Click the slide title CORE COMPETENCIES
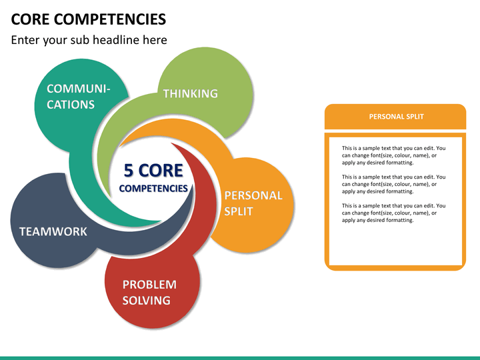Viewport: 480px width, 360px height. (89, 19)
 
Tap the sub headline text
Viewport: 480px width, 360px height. (89, 40)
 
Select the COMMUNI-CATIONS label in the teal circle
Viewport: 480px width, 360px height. (79, 97)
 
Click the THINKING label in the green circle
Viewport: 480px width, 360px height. (191, 93)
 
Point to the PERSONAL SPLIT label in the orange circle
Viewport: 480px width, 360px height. (253, 203)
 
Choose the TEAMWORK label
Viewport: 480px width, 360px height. (53, 231)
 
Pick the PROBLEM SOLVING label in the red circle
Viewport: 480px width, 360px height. (149, 293)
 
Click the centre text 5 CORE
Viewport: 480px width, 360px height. (153, 170)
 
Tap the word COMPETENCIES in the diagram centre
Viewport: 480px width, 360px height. (153, 188)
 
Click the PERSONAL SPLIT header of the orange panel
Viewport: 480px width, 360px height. (397, 117)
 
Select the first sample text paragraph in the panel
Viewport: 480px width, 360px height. (394, 155)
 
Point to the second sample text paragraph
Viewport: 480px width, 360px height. (394, 184)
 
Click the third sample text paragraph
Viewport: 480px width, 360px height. (394, 213)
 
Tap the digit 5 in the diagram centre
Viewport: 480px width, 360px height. (129, 170)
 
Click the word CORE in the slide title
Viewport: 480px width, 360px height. (30, 19)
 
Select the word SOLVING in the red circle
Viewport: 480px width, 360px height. (146, 300)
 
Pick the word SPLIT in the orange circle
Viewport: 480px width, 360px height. (239, 211)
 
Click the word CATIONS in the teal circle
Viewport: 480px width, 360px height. (71, 105)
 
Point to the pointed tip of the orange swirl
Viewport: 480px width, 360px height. (119, 146)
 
